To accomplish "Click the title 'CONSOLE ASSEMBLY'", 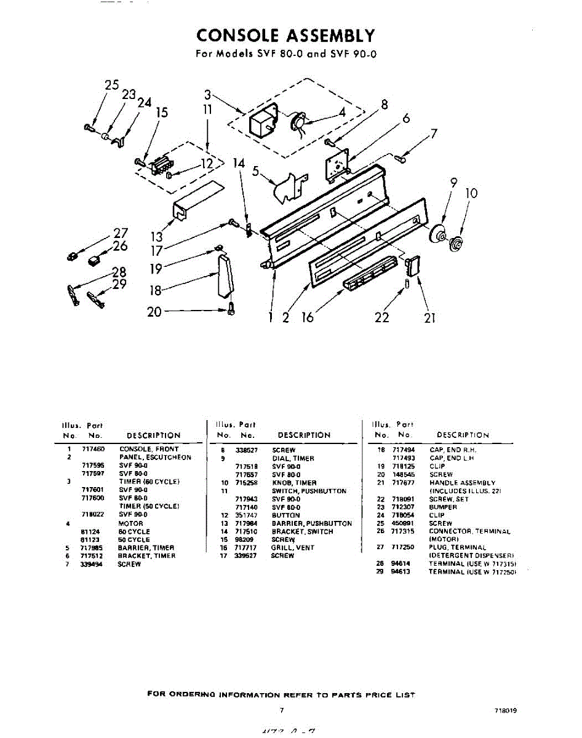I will click(x=285, y=35).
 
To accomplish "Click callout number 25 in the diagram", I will click(x=111, y=85).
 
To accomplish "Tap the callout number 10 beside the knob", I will click(x=471, y=193).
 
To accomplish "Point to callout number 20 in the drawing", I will click(x=154, y=312).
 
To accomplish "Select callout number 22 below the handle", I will click(x=382, y=317).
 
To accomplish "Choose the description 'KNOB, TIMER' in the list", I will click(x=294, y=483).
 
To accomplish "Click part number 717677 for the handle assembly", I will click(x=401, y=483).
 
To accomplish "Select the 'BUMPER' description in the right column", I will click(x=443, y=507).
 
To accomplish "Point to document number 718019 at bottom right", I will click(x=504, y=710).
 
